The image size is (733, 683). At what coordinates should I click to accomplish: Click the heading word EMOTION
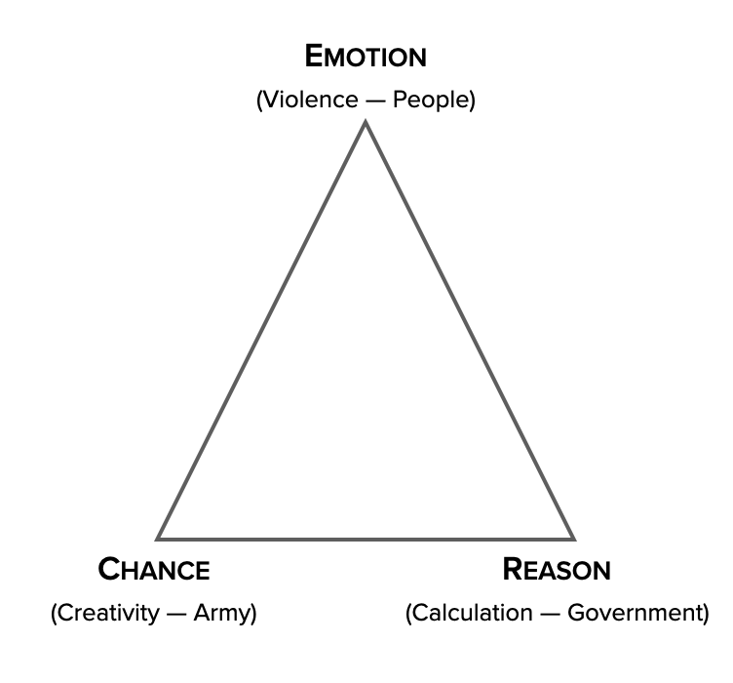[366, 57]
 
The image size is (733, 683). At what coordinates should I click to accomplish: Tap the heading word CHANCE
[154, 569]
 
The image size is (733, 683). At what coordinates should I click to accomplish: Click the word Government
[633, 614]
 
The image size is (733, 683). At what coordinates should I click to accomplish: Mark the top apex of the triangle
[366, 123]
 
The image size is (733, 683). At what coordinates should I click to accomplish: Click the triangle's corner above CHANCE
[159, 538]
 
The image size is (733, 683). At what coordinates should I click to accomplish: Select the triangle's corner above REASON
[573, 538]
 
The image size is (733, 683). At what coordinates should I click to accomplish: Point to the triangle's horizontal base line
[366, 539]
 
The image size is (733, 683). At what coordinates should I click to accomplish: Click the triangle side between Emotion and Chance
[262, 330]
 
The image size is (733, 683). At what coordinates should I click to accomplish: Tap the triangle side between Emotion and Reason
[469, 330]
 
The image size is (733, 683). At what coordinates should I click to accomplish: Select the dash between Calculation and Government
[549, 614]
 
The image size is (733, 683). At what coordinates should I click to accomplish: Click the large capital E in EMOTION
[315, 56]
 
